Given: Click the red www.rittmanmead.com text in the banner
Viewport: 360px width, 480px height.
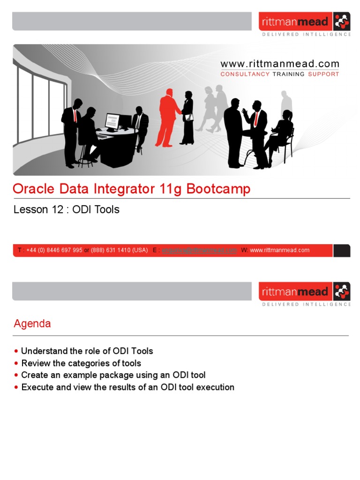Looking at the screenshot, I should (x=279, y=64).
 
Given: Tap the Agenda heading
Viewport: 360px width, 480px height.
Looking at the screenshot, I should (x=32, y=323).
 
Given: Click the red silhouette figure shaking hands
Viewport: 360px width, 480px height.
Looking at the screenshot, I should (x=168, y=117).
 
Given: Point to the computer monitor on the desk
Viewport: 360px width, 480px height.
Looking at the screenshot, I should (x=112, y=121).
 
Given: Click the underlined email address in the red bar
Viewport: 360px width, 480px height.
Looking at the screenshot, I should (x=200, y=250).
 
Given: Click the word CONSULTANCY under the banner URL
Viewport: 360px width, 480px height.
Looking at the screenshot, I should (x=245, y=74).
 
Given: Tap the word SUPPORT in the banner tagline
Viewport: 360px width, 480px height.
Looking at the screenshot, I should (x=323, y=74).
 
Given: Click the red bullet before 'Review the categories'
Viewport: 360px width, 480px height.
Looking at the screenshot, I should (x=17, y=363).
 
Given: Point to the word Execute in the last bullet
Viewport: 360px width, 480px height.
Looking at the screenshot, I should (x=37, y=387).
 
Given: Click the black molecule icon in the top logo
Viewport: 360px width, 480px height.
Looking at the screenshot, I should (x=341, y=22).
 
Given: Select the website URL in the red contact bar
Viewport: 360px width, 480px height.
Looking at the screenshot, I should (x=279, y=250).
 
